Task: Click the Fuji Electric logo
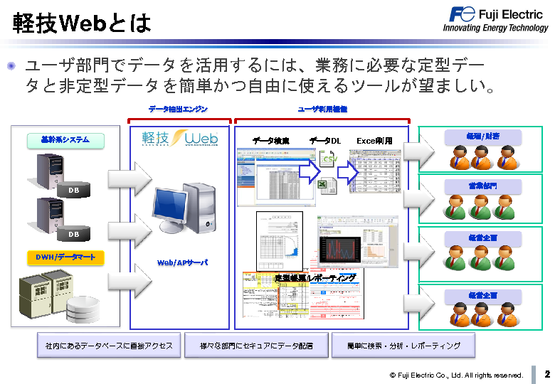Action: pos(496,18)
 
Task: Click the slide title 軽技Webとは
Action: pos(82,23)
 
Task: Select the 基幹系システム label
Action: pos(65,140)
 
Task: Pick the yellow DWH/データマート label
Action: pos(65,257)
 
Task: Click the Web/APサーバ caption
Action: pos(182,262)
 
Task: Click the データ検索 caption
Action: pos(271,141)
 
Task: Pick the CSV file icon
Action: pos(328,160)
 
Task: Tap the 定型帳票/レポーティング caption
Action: pos(315,278)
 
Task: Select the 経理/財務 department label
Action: pos(482,136)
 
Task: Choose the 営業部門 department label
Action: pos(482,186)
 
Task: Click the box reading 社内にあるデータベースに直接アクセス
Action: pos(108,346)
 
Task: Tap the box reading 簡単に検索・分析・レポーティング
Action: pos(403,346)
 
